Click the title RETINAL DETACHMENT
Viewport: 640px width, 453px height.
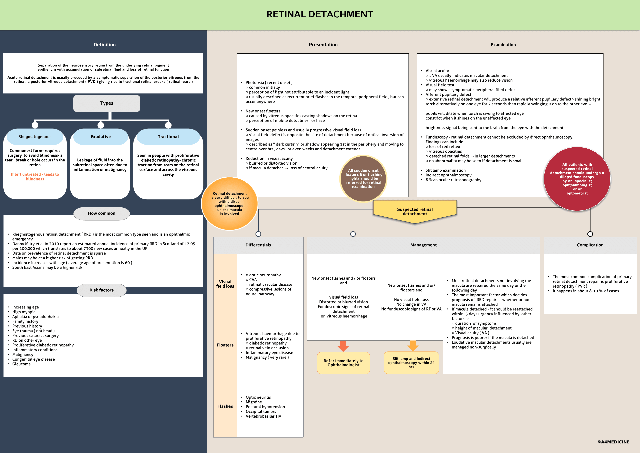pos(320,14)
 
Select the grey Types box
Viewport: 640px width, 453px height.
pos(107,103)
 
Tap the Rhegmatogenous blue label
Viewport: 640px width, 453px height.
pos(35,137)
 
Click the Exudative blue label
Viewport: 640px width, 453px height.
pos(101,137)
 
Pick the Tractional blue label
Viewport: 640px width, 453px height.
pos(168,137)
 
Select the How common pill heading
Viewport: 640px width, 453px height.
pos(101,213)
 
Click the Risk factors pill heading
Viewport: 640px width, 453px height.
pos(101,290)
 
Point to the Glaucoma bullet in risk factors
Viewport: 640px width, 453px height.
pos(21,364)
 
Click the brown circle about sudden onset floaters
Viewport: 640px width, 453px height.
pos(363,178)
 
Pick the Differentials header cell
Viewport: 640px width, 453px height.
pos(258,245)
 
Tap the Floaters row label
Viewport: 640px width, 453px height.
pos(225,345)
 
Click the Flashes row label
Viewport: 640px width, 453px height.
pos(225,406)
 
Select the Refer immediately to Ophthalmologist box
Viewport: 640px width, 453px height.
pos(343,363)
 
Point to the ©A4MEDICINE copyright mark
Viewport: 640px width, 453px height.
pos(613,442)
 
